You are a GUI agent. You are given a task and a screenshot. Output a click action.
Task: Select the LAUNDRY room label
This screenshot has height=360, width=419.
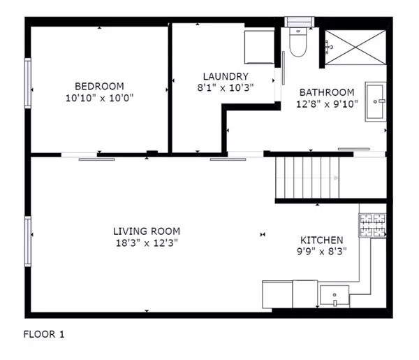(x=226, y=76)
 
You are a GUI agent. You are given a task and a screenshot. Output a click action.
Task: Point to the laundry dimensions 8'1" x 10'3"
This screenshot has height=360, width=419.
(x=226, y=88)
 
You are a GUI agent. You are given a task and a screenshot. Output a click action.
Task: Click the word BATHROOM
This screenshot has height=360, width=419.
(x=327, y=92)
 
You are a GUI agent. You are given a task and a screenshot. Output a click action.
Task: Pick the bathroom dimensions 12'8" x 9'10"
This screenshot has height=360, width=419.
(x=327, y=104)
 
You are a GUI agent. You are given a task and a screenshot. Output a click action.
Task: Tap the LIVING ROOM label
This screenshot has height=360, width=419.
(x=147, y=231)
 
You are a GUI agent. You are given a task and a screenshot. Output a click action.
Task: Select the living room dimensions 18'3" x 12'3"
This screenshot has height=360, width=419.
(x=147, y=243)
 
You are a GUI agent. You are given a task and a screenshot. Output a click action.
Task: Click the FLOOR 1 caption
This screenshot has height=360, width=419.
(x=44, y=334)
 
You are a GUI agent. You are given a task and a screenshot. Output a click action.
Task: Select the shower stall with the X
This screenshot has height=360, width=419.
(x=355, y=48)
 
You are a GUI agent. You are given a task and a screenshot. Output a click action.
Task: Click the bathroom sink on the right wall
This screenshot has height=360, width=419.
(x=376, y=102)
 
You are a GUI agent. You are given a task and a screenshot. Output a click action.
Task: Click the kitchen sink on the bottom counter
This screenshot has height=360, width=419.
(x=335, y=295)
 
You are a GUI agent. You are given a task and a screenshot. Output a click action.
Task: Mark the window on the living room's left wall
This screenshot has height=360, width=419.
(x=29, y=241)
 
